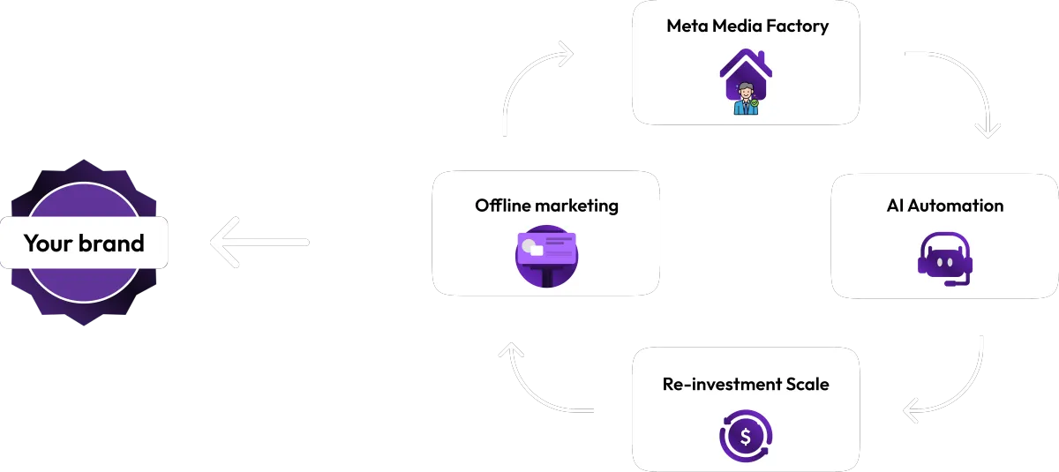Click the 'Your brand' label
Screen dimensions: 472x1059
click(84, 243)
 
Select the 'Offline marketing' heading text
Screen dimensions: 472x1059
click(546, 206)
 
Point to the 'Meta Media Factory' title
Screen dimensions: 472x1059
click(747, 26)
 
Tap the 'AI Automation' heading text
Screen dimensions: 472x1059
click(944, 206)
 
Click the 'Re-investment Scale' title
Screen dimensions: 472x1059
click(746, 384)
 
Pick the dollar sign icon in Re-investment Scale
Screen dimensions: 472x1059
click(746, 435)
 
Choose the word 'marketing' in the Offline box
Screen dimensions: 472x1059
click(578, 206)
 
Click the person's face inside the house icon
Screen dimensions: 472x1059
click(747, 90)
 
